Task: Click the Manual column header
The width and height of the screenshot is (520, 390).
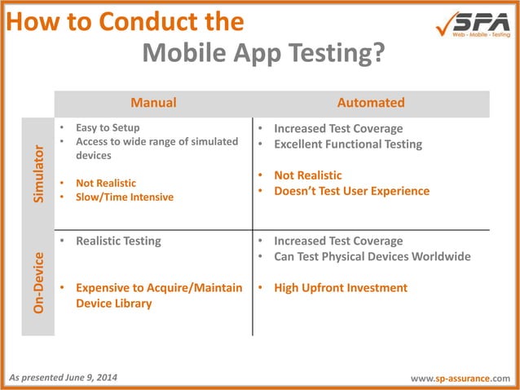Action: pyautogui.click(x=153, y=103)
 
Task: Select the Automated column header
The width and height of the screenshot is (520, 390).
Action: pyautogui.click(x=371, y=103)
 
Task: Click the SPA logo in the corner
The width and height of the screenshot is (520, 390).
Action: pyautogui.click(x=472, y=24)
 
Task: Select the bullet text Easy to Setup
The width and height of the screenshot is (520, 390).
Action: pyautogui.click(x=108, y=128)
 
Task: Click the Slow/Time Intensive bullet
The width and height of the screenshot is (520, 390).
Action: pyautogui.click(x=124, y=197)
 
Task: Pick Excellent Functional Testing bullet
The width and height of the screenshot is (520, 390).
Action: pyautogui.click(x=348, y=144)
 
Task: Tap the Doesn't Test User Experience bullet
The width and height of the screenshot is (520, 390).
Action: pyautogui.click(x=351, y=191)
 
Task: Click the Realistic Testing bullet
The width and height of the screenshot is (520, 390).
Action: pyautogui.click(x=118, y=241)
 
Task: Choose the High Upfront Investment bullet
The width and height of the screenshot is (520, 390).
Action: pyautogui.click(x=341, y=287)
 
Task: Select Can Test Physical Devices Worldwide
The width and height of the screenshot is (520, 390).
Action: pyautogui.click(x=372, y=256)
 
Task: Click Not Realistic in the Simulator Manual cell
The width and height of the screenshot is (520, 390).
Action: pyautogui.click(x=106, y=183)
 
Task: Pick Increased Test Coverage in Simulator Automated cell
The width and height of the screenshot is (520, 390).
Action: pyautogui.click(x=338, y=128)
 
